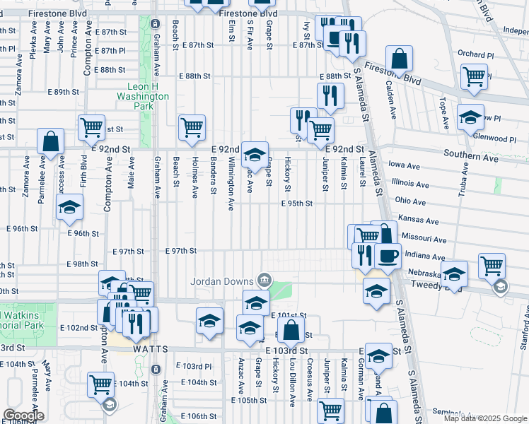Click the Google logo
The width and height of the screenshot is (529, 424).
[23, 416]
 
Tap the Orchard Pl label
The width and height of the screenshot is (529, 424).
[475, 54]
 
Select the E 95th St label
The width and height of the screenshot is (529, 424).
[296, 204]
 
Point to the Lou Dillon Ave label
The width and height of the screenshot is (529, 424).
[292, 384]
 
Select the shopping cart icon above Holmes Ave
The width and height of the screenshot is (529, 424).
[192, 128]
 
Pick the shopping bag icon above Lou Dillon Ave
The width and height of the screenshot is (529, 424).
[291, 329]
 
